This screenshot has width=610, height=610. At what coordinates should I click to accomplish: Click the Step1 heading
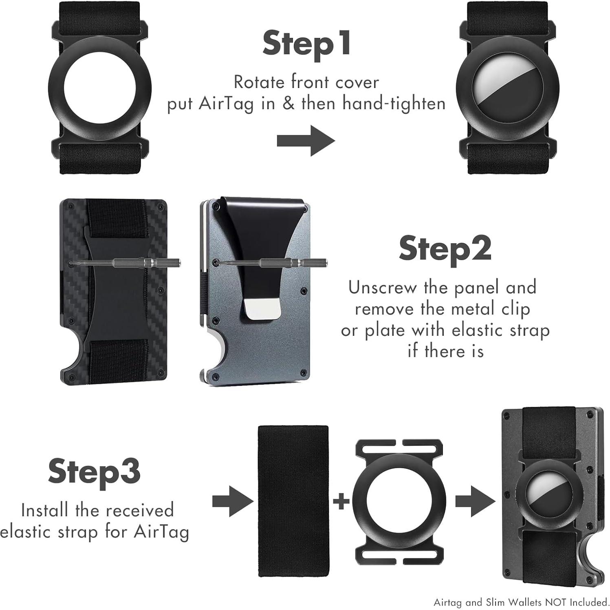(306, 43)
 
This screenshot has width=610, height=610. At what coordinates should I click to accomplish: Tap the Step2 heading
(445, 249)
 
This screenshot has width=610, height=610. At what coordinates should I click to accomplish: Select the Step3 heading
(94, 471)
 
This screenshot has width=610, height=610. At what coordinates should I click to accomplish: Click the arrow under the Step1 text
(306, 141)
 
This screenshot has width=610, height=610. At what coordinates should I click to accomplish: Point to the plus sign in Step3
(341, 501)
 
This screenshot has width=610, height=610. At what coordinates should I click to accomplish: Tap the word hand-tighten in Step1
(394, 104)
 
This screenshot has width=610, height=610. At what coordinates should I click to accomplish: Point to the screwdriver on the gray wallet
(271, 263)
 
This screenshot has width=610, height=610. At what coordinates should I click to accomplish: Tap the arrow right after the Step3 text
(233, 501)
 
